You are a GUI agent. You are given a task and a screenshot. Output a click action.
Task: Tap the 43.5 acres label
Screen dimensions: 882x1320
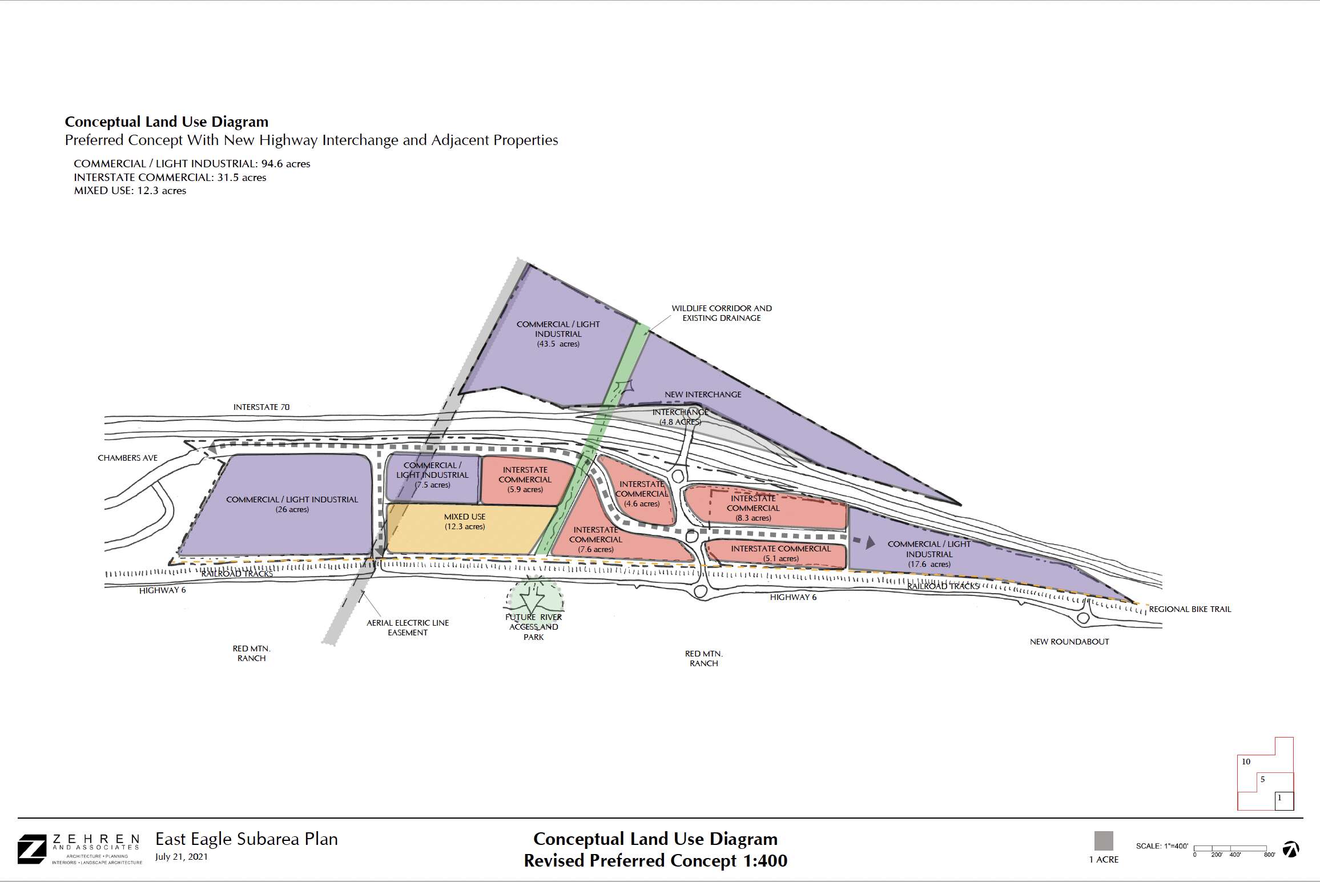558,344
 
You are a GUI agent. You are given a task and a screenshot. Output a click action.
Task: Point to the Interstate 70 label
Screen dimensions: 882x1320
261,407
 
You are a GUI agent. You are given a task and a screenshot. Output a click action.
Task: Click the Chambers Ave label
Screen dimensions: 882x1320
127,458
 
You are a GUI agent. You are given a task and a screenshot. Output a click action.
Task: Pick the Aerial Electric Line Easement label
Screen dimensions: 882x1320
408,627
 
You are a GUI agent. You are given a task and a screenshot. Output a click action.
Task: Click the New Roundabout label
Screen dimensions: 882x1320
1069,642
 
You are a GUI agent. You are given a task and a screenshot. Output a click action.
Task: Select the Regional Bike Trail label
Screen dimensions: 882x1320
1190,609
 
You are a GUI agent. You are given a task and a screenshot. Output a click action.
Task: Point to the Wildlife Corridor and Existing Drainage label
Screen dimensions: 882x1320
722,313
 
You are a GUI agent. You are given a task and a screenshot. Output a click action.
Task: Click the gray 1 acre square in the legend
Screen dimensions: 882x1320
1104,841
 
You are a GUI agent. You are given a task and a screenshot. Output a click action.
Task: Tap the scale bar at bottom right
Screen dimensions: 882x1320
1230,848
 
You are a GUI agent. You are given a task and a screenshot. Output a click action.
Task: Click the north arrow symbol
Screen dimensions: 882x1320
1290,849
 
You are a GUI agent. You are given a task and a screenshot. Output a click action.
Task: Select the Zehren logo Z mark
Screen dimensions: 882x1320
32,849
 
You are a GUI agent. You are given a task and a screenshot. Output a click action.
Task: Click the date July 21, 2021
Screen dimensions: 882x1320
182,857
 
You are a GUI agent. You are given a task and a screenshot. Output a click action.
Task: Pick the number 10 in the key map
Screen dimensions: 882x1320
1246,762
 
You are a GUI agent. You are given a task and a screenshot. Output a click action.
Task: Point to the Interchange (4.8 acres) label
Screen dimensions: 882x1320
680,417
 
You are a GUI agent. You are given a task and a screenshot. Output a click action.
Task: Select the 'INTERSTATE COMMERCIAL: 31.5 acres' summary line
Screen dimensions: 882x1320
170,178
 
